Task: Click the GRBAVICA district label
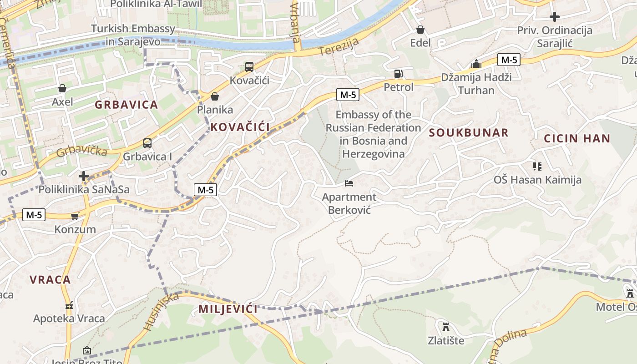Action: point(126,105)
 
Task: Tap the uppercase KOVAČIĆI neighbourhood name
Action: point(240,127)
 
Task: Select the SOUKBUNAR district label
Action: point(469,133)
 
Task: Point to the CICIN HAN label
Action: point(577,139)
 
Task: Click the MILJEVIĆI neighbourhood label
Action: point(228,309)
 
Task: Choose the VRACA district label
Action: point(51,280)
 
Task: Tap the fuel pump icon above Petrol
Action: point(398,74)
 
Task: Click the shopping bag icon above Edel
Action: point(420,30)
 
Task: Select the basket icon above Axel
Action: point(62,88)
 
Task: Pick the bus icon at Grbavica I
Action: point(147,143)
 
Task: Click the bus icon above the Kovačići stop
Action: point(249,67)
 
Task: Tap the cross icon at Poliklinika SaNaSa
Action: point(84,176)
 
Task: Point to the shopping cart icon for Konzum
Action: point(75,216)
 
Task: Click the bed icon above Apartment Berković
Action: point(349,183)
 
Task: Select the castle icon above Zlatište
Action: point(446,327)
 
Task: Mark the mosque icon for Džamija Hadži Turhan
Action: point(476,64)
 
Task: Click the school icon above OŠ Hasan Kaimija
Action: point(537,167)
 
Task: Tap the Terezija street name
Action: point(339,47)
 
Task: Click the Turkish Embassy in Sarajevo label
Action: point(133,35)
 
